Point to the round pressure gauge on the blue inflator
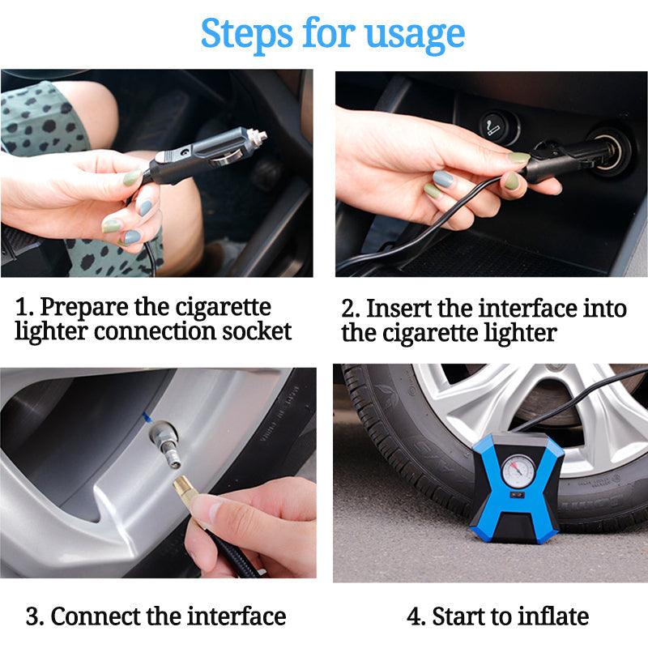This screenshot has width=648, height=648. pos(518,471)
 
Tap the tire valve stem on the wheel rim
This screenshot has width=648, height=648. pos(164,442)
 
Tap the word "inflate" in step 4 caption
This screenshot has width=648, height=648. pos(553,616)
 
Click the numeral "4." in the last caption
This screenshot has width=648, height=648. pos(416,617)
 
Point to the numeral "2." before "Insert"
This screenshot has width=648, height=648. pos(352,310)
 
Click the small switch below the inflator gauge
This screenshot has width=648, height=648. pos(517,495)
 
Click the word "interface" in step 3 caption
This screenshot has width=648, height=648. pos(237,616)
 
